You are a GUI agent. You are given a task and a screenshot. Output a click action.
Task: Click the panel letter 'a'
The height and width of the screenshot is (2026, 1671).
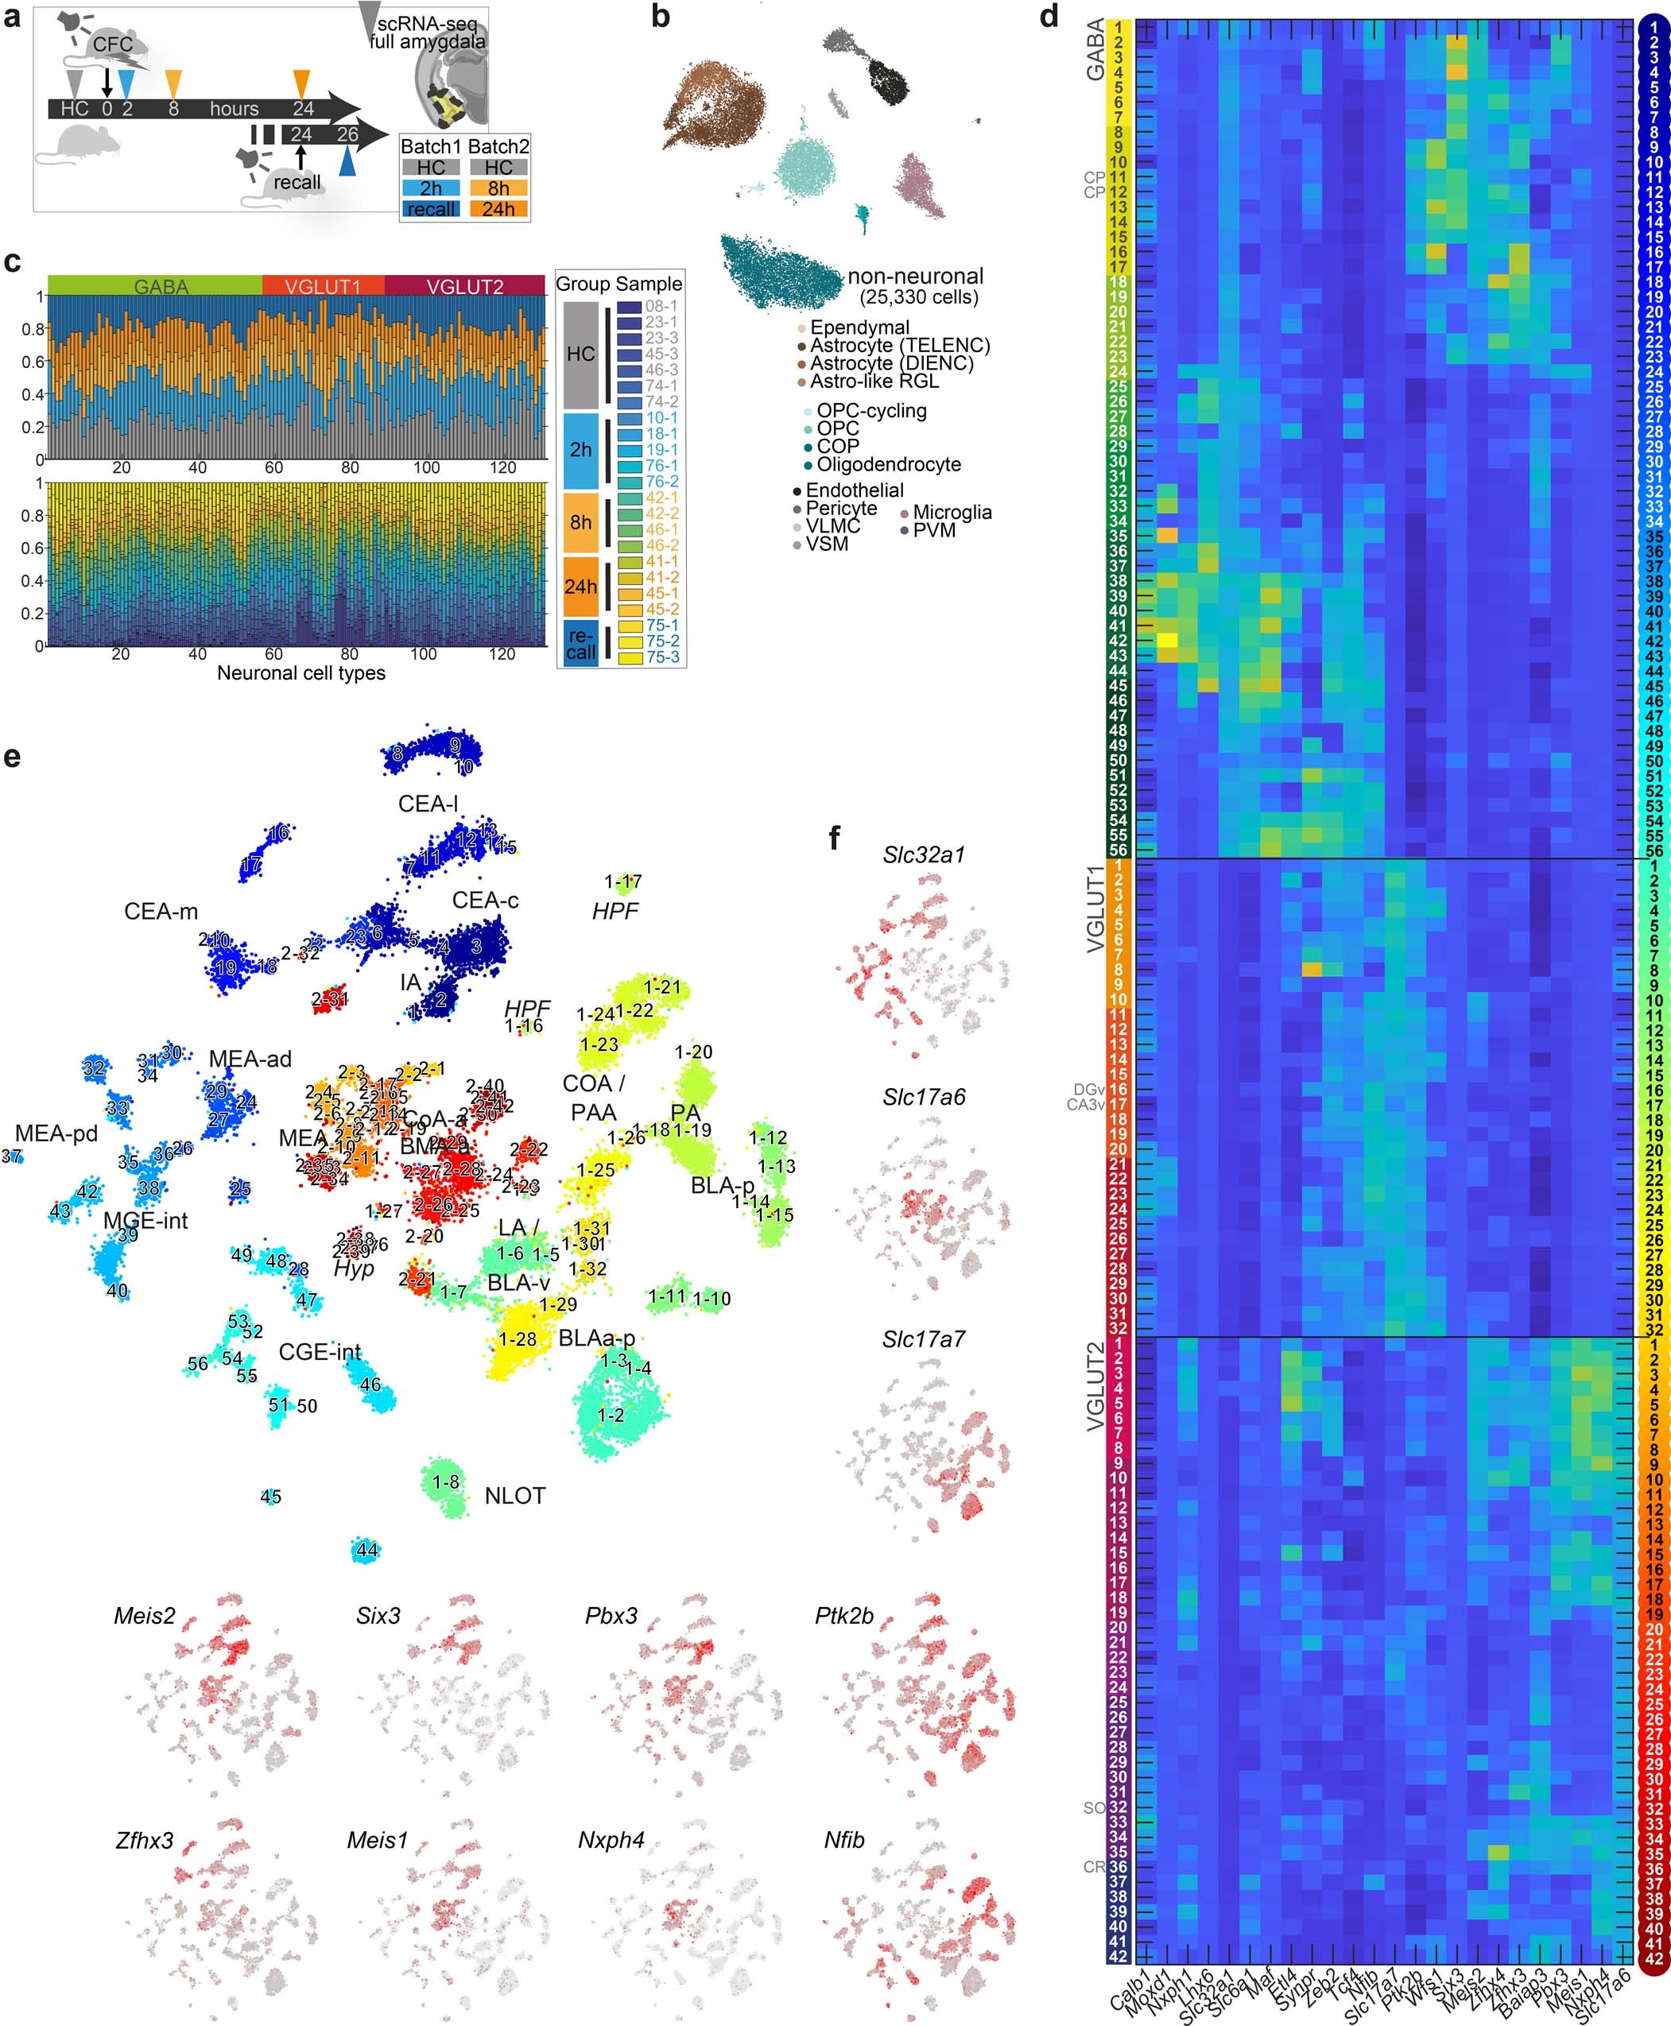pos(13,17)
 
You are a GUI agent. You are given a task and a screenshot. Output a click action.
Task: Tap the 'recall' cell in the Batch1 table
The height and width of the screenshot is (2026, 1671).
pos(430,210)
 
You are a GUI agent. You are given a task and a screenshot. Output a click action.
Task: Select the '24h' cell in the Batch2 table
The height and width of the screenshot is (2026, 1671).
pos(498,210)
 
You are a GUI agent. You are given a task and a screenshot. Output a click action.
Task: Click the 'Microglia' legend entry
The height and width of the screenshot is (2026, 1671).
pos(951,513)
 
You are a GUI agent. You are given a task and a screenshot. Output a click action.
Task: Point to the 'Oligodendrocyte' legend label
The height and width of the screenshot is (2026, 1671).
pos(889,465)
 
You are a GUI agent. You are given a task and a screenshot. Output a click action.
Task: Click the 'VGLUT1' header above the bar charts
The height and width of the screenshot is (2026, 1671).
pos(323,287)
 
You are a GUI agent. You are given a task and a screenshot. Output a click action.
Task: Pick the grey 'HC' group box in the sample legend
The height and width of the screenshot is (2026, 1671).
pos(580,355)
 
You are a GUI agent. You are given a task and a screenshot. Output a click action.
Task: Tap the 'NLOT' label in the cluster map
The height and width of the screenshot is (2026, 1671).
pos(515,1496)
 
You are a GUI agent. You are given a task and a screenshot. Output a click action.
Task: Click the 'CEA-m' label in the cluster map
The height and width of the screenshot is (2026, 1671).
pos(161,912)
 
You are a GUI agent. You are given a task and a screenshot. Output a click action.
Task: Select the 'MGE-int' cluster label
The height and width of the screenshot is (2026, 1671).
pos(145,1220)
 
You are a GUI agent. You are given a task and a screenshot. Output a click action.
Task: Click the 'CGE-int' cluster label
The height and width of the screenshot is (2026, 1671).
pos(320,1352)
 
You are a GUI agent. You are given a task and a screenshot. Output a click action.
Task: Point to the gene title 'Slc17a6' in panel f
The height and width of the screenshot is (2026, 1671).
pos(923,1097)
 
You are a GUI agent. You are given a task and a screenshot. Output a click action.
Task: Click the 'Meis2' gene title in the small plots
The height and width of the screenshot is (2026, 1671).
pos(145,1616)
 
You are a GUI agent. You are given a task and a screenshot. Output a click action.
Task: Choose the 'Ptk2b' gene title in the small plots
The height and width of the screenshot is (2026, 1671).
pos(843,1616)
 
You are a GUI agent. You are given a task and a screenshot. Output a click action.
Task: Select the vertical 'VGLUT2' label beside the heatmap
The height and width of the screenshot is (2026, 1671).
pos(1095,1388)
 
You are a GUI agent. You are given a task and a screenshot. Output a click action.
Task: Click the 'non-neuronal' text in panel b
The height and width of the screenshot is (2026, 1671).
pos(915,277)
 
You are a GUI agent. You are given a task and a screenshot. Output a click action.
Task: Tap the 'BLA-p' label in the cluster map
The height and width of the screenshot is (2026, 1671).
pos(722,1186)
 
